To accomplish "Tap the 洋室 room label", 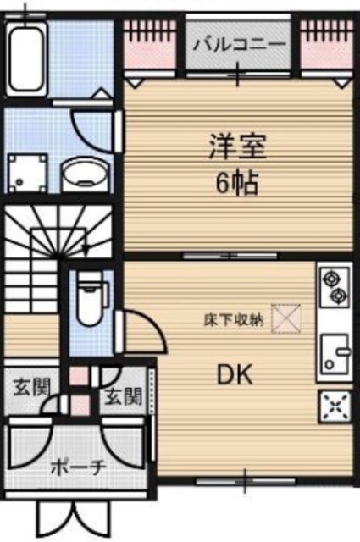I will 238,148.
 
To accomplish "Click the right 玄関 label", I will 124,397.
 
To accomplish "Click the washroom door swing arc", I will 94,128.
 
